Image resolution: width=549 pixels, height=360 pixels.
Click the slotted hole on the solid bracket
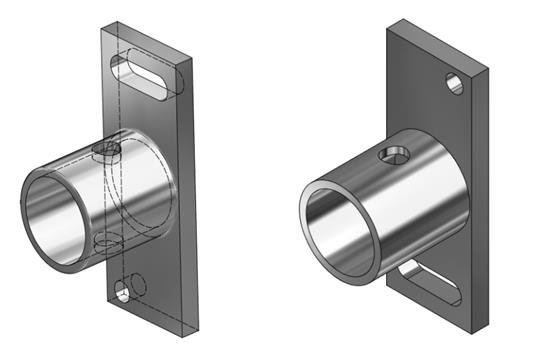pos(427,282)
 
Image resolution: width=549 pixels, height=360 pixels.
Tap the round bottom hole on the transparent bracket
pos(123,293)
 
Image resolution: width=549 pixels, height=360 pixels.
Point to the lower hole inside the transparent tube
pos(104,243)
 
